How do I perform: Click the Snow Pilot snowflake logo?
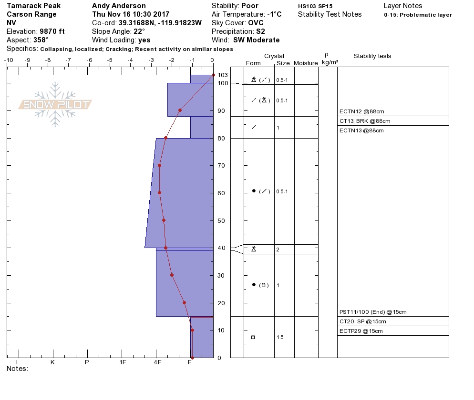55,104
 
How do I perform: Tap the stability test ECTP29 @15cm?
361,331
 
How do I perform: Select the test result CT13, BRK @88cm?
365,121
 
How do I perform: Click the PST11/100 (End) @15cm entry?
373,312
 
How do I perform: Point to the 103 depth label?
223,75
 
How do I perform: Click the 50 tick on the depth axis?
221,220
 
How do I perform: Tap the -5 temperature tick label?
109,60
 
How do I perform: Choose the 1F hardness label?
122,362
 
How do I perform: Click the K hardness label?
52,362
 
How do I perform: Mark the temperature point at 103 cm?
214,75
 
